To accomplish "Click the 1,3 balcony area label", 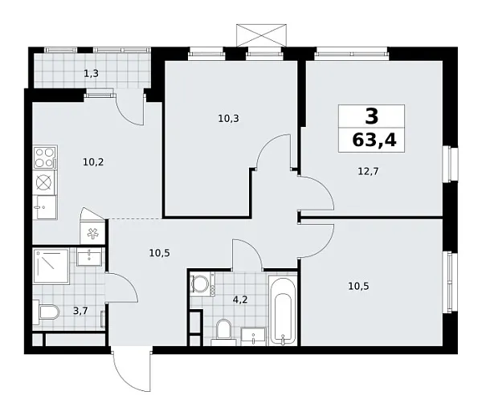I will coord(92,74).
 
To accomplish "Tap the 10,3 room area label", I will coord(228,118).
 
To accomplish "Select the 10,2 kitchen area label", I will coord(93,161).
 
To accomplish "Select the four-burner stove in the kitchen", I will coord(44,154).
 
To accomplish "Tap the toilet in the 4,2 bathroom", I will coord(224,330).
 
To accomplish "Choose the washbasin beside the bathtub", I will coord(253,336).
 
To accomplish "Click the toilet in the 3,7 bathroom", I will coord(47,312).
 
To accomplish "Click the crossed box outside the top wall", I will coord(261,35).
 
